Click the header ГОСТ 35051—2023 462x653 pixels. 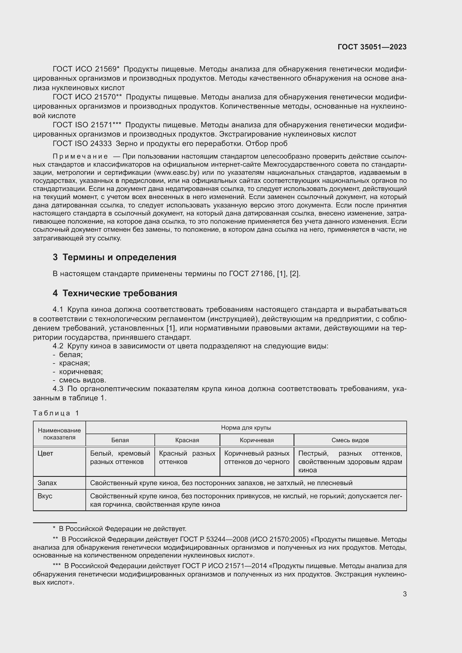(372, 47)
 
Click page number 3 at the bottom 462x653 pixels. (404, 594)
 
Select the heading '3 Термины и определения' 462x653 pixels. (114, 257)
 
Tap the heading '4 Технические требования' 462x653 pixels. (115, 293)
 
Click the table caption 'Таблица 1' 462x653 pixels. (56, 413)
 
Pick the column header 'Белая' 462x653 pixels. (120, 440)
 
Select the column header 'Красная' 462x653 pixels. (187, 440)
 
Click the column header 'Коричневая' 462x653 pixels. (257, 440)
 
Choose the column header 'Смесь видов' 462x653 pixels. (350, 440)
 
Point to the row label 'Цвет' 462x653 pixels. (46, 453)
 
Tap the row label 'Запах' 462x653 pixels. (47, 483)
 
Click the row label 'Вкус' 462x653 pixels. (45, 496)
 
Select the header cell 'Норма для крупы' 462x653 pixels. (246, 427)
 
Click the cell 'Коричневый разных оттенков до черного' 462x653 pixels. (257, 457)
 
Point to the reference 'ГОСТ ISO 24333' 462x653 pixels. (82, 143)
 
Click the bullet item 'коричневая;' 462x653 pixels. (81, 372)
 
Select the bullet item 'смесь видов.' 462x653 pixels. (82, 380)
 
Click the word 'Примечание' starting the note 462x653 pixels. (80, 156)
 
